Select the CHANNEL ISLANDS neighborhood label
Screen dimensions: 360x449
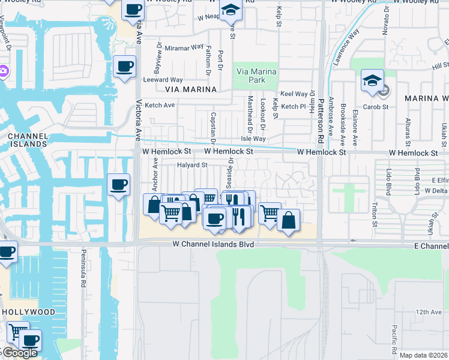click(x=28, y=140)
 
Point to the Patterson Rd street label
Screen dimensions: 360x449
click(x=321, y=121)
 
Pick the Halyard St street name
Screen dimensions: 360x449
click(x=191, y=165)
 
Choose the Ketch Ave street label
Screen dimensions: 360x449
click(x=160, y=105)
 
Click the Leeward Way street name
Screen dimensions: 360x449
click(x=163, y=79)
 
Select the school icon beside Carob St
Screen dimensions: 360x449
click(x=372, y=80)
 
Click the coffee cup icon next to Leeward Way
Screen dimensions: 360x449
click(x=124, y=67)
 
